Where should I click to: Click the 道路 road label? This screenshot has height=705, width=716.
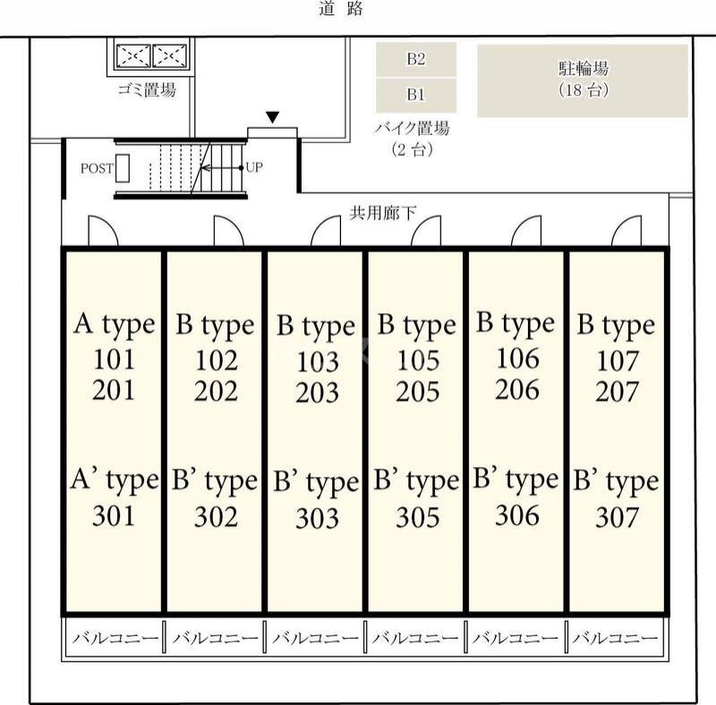(x=341, y=8)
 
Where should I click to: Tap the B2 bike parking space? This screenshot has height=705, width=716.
(x=416, y=59)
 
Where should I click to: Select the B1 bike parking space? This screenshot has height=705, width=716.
(x=416, y=95)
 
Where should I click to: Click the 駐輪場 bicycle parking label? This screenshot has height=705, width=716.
(x=584, y=69)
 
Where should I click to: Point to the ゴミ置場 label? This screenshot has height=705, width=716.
(x=147, y=89)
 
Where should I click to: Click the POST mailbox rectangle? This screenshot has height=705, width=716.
(x=123, y=168)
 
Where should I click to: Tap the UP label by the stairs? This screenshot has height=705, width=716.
(x=254, y=167)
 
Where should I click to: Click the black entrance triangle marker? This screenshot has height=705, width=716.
(x=273, y=117)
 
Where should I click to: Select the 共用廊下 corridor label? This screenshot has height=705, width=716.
(x=383, y=213)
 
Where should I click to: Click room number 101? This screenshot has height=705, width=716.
(x=115, y=360)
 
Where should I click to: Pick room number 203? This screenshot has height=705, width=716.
(x=318, y=393)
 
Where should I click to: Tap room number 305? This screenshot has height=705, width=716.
(x=418, y=517)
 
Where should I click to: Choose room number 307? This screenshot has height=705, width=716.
(x=617, y=517)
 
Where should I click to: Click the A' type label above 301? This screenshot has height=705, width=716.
(x=115, y=480)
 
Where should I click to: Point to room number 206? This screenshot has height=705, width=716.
(x=517, y=389)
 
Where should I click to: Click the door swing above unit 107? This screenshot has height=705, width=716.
(x=626, y=231)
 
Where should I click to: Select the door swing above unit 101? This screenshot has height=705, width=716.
(x=103, y=231)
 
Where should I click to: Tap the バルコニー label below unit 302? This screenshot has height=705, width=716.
(x=215, y=638)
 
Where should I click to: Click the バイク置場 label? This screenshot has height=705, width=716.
(x=413, y=128)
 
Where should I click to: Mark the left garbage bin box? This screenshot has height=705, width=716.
(x=133, y=56)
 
